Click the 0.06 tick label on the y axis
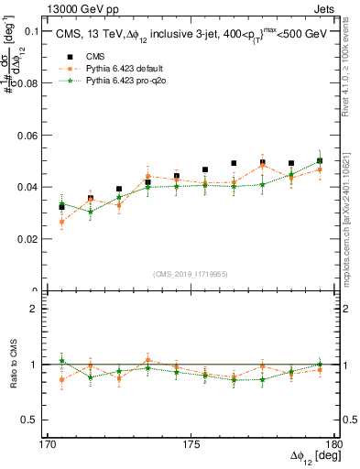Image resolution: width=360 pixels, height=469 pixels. pos(29,135)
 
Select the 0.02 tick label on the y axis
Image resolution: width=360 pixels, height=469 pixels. pos(29,239)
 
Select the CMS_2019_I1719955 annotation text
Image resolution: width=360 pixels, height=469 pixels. pos(191,273)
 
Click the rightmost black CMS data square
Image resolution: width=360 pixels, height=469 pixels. pos(320,161)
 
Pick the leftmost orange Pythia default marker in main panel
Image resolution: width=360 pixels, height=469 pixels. pos(61,222)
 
